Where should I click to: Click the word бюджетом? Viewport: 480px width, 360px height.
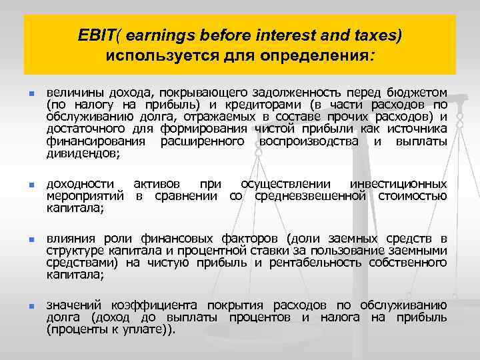[x=422, y=91]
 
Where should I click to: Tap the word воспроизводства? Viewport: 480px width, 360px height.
[x=313, y=141]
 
